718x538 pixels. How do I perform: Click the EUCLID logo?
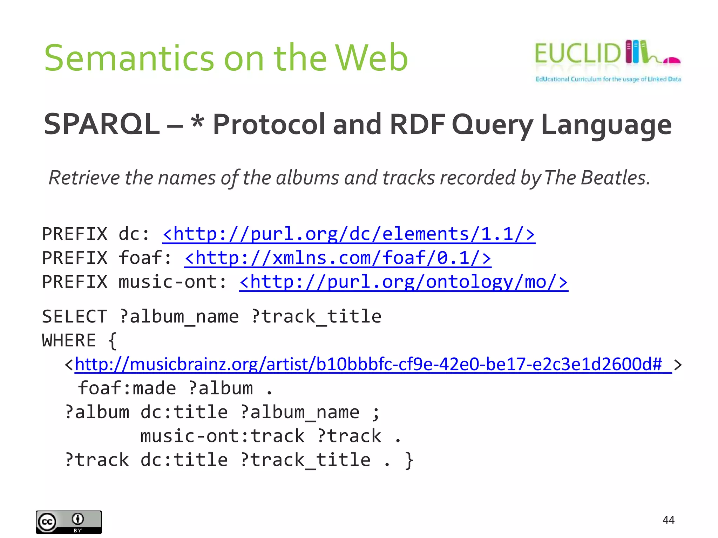tap(608, 60)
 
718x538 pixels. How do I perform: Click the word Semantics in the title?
tap(129, 58)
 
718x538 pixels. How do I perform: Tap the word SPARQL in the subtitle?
tap(101, 124)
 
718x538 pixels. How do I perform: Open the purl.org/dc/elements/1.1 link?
tap(348, 234)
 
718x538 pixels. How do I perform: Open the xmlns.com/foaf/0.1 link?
tap(337, 258)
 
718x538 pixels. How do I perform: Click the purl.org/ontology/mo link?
tap(403, 282)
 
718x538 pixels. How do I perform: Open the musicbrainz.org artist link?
tap(373, 364)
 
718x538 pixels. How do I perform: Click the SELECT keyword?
tap(74, 317)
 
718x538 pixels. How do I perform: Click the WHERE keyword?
tap(69, 340)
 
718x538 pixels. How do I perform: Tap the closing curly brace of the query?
tap(409, 460)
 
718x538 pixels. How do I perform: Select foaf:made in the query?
tap(127, 388)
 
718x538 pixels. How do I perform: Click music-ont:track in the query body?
tap(222, 436)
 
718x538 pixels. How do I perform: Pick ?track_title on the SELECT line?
tap(316, 317)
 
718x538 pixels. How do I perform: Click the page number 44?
tap(668, 520)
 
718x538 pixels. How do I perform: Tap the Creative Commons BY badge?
tap(69, 522)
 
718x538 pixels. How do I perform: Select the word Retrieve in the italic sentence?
tap(84, 178)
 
